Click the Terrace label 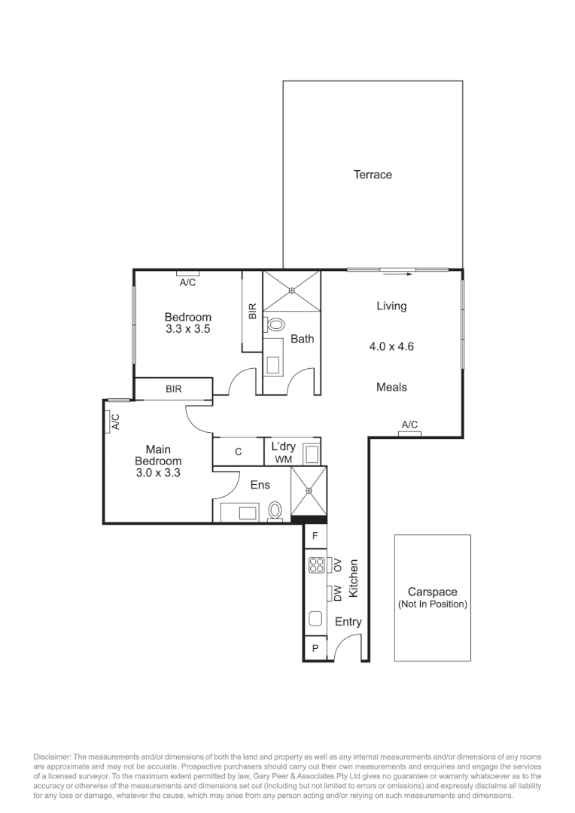[373, 175]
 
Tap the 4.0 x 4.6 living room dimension [391, 347]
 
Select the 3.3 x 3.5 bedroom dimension [187, 329]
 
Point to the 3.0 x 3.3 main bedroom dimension [157, 473]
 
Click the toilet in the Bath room [275, 325]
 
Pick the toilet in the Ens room [275, 511]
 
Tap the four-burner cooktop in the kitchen [316, 565]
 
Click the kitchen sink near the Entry [315, 620]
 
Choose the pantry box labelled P [315, 648]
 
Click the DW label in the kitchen [338, 593]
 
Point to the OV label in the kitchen [338, 565]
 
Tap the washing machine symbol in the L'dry [311, 454]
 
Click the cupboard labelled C [238, 452]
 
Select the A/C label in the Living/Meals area [409, 425]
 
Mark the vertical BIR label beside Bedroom [253, 311]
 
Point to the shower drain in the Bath [292, 288]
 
